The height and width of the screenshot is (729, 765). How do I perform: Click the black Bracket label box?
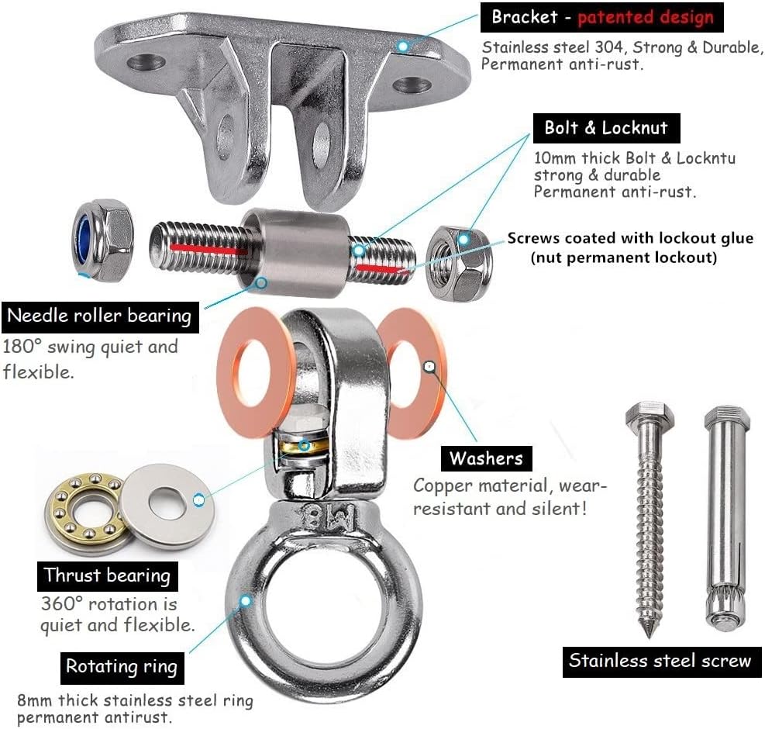pyautogui.click(x=601, y=17)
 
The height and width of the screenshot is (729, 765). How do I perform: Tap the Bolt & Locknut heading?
pyautogui.click(x=606, y=128)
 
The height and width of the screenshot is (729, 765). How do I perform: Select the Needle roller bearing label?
pyautogui.click(x=100, y=316)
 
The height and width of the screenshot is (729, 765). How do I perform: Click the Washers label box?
pyautogui.click(x=486, y=458)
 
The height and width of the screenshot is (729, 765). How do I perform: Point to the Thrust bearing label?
pyautogui.click(x=107, y=575)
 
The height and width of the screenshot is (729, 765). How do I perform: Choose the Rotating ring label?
pyautogui.click(x=122, y=668)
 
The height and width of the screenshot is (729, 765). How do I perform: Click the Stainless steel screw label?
pyautogui.click(x=662, y=662)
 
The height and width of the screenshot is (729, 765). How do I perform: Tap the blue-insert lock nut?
pyautogui.click(x=103, y=240)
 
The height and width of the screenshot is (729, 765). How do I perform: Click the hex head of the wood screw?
pyautogui.click(x=650, y=416)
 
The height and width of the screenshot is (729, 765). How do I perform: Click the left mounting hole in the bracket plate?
pyautogui.click(x=146, y=63)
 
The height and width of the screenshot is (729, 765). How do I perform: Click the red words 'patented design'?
pyautogui.click(x=646, y=18)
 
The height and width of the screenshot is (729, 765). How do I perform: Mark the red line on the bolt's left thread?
pyautogui.click(x=208, y=249)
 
